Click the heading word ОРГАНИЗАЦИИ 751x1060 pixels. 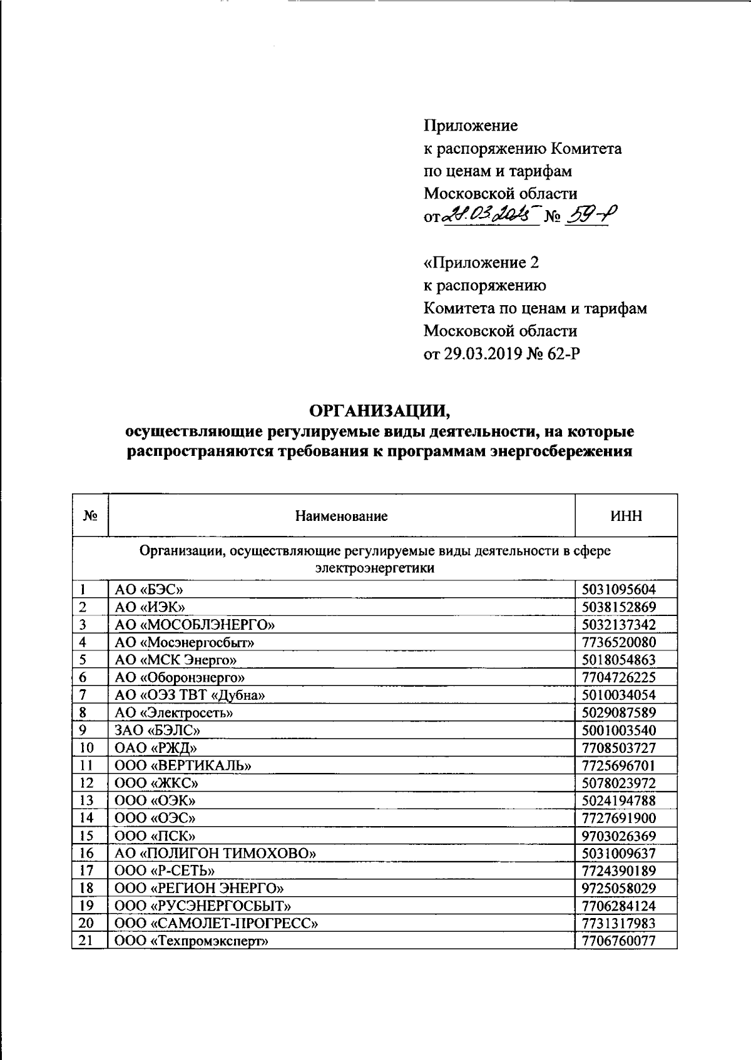click(380, 411)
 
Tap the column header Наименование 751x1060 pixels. click(341, 516)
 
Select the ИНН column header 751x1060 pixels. click(625, 516)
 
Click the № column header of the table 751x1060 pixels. click(90, 516)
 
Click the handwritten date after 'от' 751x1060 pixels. click(490, 216)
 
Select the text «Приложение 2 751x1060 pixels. click(481, 263)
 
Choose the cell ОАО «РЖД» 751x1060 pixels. click(148, 747)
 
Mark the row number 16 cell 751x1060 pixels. click(87, 853)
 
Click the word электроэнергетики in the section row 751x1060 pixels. click(375, 568)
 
